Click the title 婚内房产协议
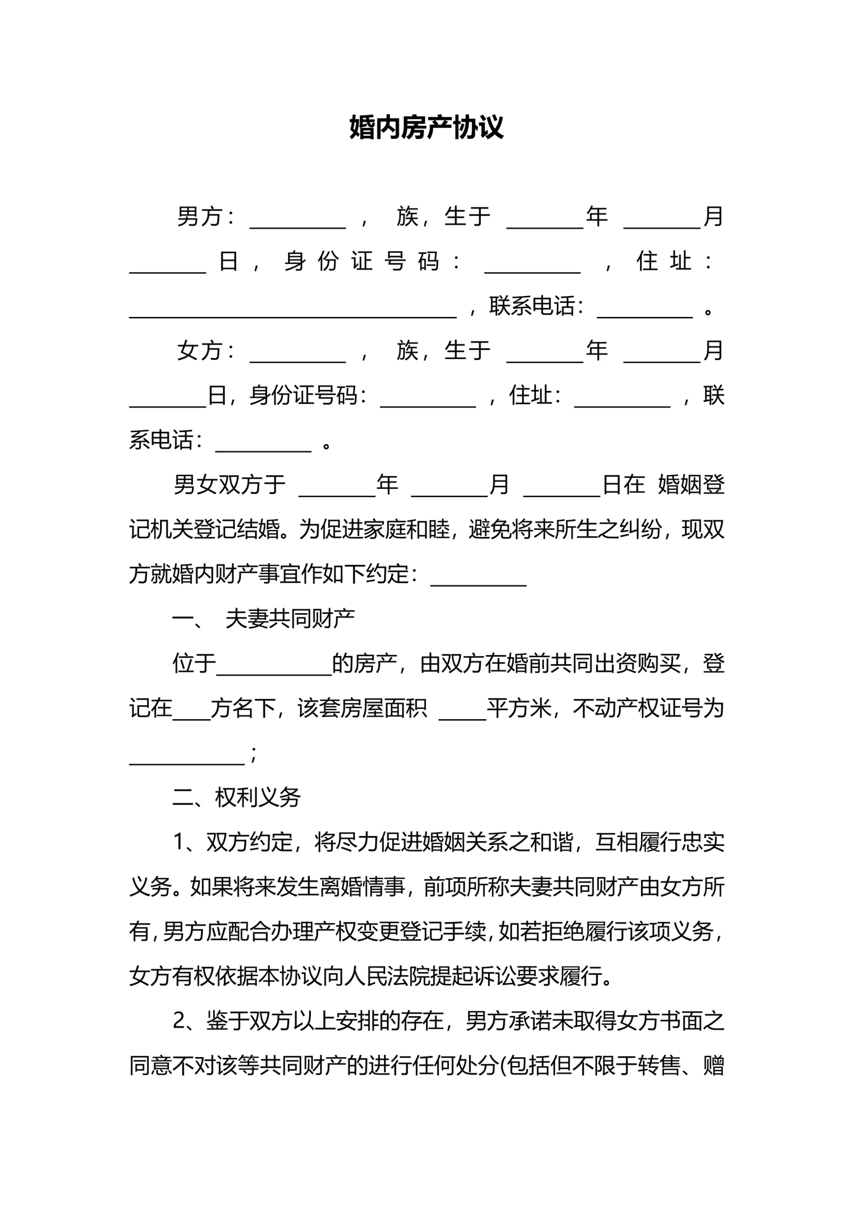(427, 127)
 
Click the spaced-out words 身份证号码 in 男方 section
(362, 261)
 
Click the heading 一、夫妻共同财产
(263, 619)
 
